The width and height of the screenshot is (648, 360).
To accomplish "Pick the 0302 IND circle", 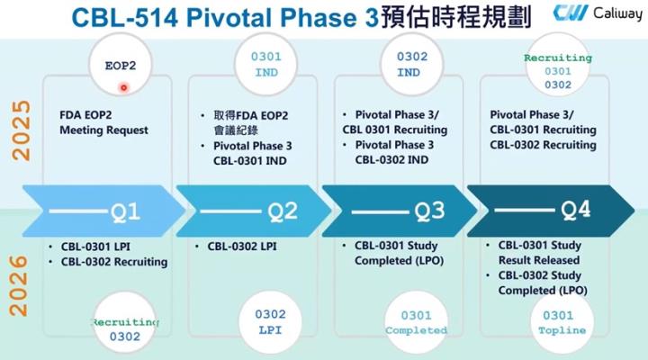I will click(409, 65).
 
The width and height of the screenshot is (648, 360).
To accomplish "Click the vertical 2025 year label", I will click(21, 131).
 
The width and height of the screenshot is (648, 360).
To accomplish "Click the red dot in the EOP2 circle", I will click(123, 87).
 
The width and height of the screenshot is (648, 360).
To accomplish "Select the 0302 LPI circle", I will click(271, 322).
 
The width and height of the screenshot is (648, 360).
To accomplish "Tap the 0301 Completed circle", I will click(416, 322).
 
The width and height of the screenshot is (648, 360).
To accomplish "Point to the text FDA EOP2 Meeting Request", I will click(103, 122).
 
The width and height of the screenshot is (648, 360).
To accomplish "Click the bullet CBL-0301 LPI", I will click(97, 246).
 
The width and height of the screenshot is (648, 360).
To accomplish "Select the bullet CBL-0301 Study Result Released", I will click(539, 253).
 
